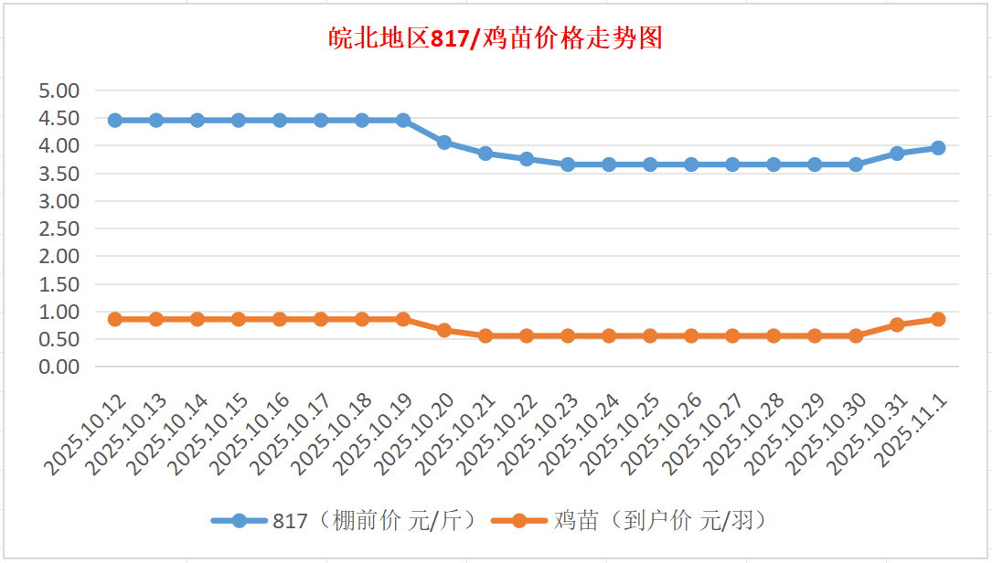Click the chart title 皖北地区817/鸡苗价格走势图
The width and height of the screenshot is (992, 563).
coord(496,39)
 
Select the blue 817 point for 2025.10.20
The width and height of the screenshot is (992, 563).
coord(444,143)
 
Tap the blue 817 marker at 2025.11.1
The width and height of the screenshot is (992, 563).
coord(938,148)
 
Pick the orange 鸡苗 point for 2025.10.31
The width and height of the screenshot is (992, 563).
coord(897,324)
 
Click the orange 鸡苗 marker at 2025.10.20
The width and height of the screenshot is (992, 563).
coord(444,330)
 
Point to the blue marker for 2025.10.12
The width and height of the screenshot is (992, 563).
coord(115,121)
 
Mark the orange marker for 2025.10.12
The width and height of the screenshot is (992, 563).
coord(115,319)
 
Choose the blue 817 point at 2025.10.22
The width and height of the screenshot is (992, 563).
coord(527,159)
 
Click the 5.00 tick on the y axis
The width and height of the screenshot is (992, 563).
coord(59,90)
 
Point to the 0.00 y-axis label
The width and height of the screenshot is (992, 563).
coord(59,366)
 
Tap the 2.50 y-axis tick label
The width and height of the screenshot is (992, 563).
coord(59,228)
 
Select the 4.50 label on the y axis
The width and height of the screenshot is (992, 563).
coord(59,118)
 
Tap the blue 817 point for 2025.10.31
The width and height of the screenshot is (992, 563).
coord(897,154)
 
